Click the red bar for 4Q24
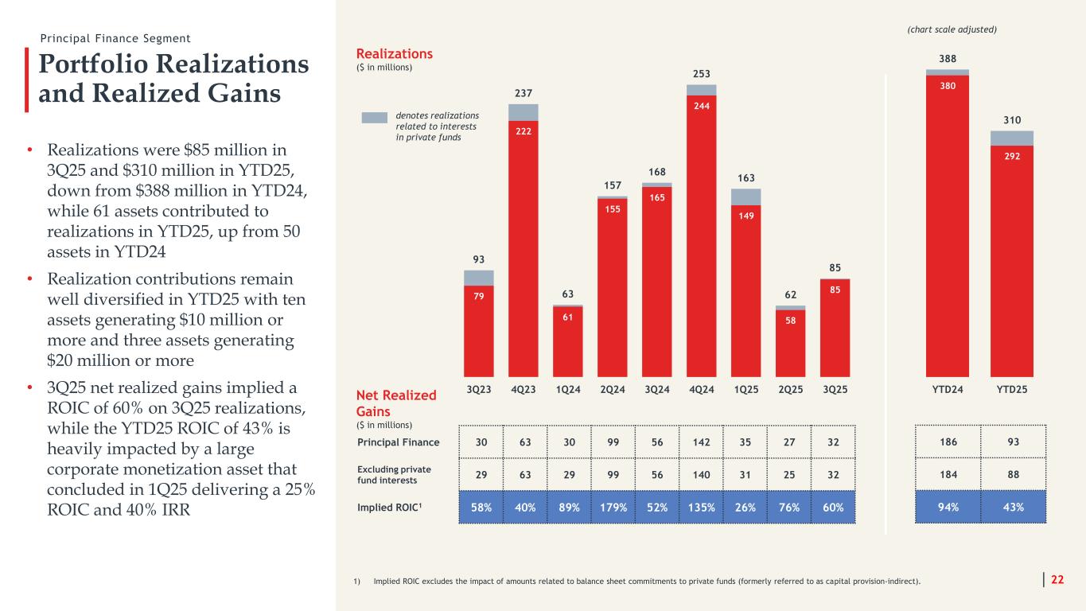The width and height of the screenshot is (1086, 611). (x=702, y=239)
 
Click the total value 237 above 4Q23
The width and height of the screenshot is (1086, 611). (x=524, y=93)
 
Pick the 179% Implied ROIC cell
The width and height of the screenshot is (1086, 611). (x=613, y=507)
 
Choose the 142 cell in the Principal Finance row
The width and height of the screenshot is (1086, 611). (x=702, y=442)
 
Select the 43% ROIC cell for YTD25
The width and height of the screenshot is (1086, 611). (x=1014, y=507)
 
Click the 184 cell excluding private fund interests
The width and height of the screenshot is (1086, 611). (x=948, y=474)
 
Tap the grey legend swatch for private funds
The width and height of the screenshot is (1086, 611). (x=374, y=118)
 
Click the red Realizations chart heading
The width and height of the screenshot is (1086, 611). (x=395, y=53)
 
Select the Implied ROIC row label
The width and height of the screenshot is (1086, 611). (x=385, y=507)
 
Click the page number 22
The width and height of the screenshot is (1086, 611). (x=1057, y=580)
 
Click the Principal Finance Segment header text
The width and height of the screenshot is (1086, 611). (x=116, y=38)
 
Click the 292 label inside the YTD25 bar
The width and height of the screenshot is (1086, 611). (x=1011, y=156)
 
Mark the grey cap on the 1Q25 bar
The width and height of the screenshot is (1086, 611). (x=746, y=197)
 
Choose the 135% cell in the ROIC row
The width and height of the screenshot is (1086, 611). (x=702, y=507)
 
